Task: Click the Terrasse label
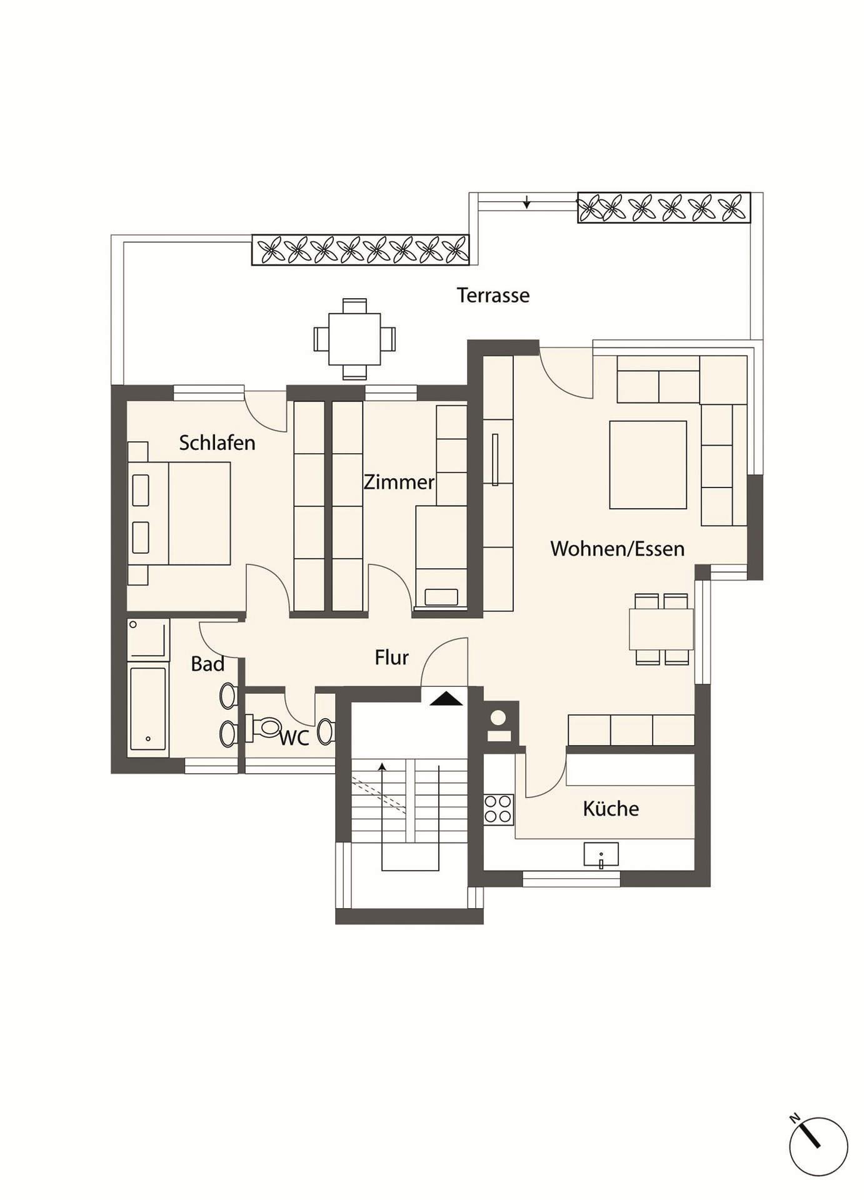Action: [x=493, y=295]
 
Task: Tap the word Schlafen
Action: [x=217, y=442]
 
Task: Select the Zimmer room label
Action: [x=399, y=482]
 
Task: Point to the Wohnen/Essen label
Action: [x=618, y=549]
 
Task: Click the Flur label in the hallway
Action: [x=391, y=657]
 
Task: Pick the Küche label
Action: [x=611, y=808]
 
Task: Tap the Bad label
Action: [x=208, y=664]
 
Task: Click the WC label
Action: [x=294, y=738]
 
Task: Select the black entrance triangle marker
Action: [x=446, y=699]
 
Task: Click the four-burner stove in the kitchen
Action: [x=498, y=809]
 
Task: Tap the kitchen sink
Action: [x=601, y=854]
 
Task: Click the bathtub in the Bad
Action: [x=148, y=709]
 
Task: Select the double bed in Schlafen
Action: [x=179, y=513]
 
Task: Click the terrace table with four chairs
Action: [x=355, y=339]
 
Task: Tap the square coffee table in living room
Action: [x=648, y=464]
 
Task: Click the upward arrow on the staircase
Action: [x=382, y=816]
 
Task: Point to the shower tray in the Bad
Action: [x=148, y=639]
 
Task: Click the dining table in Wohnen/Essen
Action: [x=661, y=629]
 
